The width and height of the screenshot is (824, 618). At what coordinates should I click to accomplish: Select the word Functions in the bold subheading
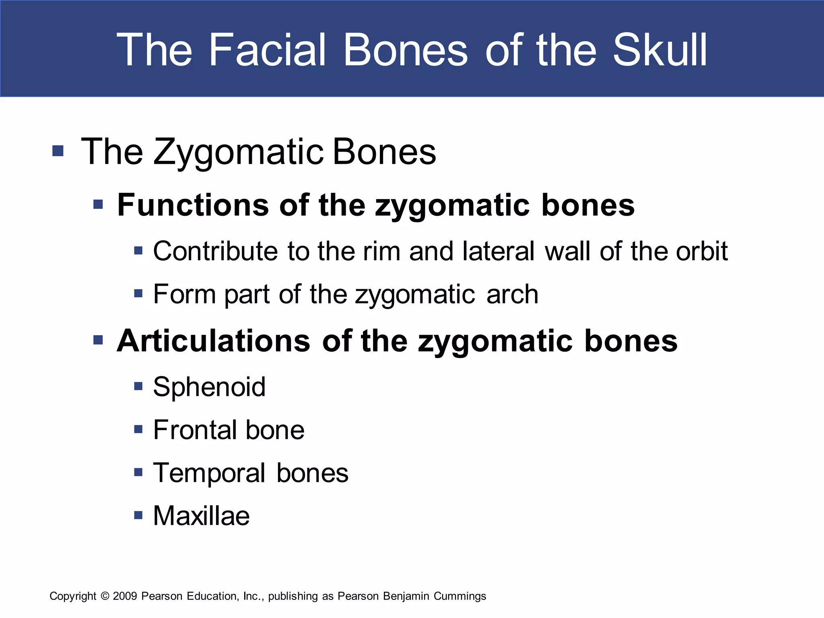pos(193,205)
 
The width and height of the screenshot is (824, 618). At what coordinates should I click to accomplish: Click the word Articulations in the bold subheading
pos(213,341)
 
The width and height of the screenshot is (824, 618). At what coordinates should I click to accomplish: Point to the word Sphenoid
pos(209,387)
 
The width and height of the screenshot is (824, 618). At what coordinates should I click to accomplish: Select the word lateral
pos(499,251)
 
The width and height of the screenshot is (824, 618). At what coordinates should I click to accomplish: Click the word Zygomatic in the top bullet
pos(239,152)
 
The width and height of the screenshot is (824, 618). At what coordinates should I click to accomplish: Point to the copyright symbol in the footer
pos(105,596)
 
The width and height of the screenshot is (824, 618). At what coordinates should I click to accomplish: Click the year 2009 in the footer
pos(125,596)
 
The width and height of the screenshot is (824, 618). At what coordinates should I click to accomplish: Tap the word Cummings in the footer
pos(459,596)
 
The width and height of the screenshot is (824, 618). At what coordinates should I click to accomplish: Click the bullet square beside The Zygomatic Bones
pos(58,151)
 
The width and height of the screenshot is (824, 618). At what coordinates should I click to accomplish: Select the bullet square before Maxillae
pos(138,515)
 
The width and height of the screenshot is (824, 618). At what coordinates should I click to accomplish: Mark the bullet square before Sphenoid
pos(138,386)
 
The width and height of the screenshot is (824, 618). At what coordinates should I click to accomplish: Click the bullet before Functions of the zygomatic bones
pos(98,204)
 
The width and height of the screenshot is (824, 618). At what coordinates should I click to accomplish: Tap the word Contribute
pos(215,251)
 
